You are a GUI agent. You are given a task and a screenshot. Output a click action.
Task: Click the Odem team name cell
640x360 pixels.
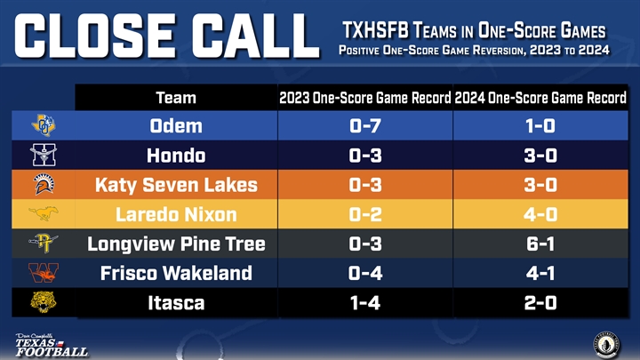(x=176, y=125)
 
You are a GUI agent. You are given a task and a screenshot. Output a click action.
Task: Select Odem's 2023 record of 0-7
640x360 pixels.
(x=365, y=125)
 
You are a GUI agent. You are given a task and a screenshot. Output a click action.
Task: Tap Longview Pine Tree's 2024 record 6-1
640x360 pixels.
(x=540, y=244)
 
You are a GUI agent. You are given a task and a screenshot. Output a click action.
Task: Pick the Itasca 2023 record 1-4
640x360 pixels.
(x=365, y=303)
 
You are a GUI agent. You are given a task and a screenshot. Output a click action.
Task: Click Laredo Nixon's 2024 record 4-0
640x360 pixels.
(x=540, y=214)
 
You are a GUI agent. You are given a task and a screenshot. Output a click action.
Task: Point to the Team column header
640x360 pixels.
(x=176, y=98)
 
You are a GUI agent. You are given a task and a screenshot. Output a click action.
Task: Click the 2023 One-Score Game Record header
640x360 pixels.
(x=365, y=98)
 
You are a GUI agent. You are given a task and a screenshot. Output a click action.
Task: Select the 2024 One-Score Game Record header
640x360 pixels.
(x=540, y=98)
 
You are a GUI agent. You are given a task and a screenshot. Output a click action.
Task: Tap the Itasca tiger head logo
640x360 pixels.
(x=43, y=302)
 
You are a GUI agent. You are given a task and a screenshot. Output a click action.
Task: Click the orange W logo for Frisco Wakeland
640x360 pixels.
(x=44, y=273)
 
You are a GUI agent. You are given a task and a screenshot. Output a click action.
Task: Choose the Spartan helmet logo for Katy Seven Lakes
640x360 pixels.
(x=44, y=184)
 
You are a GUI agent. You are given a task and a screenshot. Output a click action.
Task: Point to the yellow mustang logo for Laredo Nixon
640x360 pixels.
(x=44, y=213)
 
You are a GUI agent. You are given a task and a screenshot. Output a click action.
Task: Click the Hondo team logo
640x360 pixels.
(x=44, y=155)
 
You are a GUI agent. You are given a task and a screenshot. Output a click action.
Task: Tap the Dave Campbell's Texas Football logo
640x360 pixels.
(x=51, y=345)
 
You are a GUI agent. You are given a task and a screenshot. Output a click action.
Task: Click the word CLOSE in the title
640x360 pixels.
(x=96, y=36)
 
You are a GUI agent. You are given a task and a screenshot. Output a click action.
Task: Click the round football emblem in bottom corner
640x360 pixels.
(x=606, y=345)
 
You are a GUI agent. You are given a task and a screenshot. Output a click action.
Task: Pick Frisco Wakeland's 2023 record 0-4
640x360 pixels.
(x=365, y=273)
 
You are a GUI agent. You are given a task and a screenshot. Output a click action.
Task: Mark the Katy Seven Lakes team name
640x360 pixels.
(x=176, y=185)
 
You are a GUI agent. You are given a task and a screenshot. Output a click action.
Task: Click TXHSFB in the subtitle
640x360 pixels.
(x=375, y=30)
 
